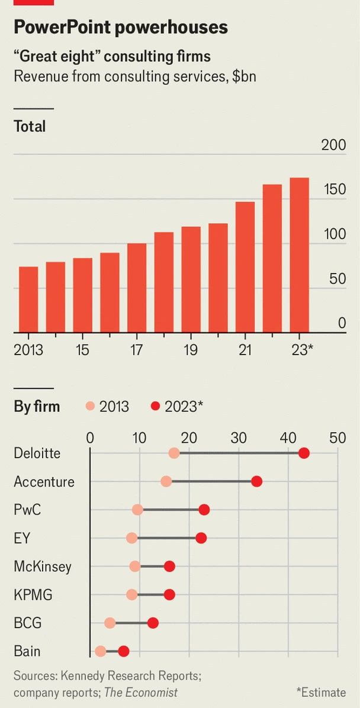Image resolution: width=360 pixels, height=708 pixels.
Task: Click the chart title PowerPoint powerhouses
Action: pos(121,27)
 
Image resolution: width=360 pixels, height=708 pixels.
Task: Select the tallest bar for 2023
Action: pos(299,255)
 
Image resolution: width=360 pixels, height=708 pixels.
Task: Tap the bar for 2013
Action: pos(28,300)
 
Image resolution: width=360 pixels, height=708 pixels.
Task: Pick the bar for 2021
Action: pos(245,267)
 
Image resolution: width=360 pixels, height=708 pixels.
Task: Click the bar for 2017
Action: pos(137,288)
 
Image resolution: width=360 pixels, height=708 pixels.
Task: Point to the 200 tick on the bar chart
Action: pos(333,145)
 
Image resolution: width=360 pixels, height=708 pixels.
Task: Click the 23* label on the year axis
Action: pos(301,350)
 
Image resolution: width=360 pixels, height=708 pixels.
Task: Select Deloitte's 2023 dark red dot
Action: pos(304,453)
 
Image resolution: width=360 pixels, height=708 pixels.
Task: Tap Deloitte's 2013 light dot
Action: pos(174,453)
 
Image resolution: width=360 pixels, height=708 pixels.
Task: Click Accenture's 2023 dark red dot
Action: pos(256,481)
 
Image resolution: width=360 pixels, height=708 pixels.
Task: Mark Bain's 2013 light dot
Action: pos(101,651)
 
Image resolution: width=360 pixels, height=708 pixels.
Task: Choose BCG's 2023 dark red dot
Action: pos(153,623)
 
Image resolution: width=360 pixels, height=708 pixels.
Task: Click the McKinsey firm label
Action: pos(43,567)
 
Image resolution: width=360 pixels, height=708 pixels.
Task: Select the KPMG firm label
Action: pos(33,595)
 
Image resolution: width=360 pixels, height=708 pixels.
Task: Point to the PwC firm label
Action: pos(27,510)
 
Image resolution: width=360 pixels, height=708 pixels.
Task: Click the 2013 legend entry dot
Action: pos(91,406)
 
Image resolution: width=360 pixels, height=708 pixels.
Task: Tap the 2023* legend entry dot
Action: pos(156,406)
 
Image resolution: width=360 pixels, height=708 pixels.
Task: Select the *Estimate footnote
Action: pos(321,692)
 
